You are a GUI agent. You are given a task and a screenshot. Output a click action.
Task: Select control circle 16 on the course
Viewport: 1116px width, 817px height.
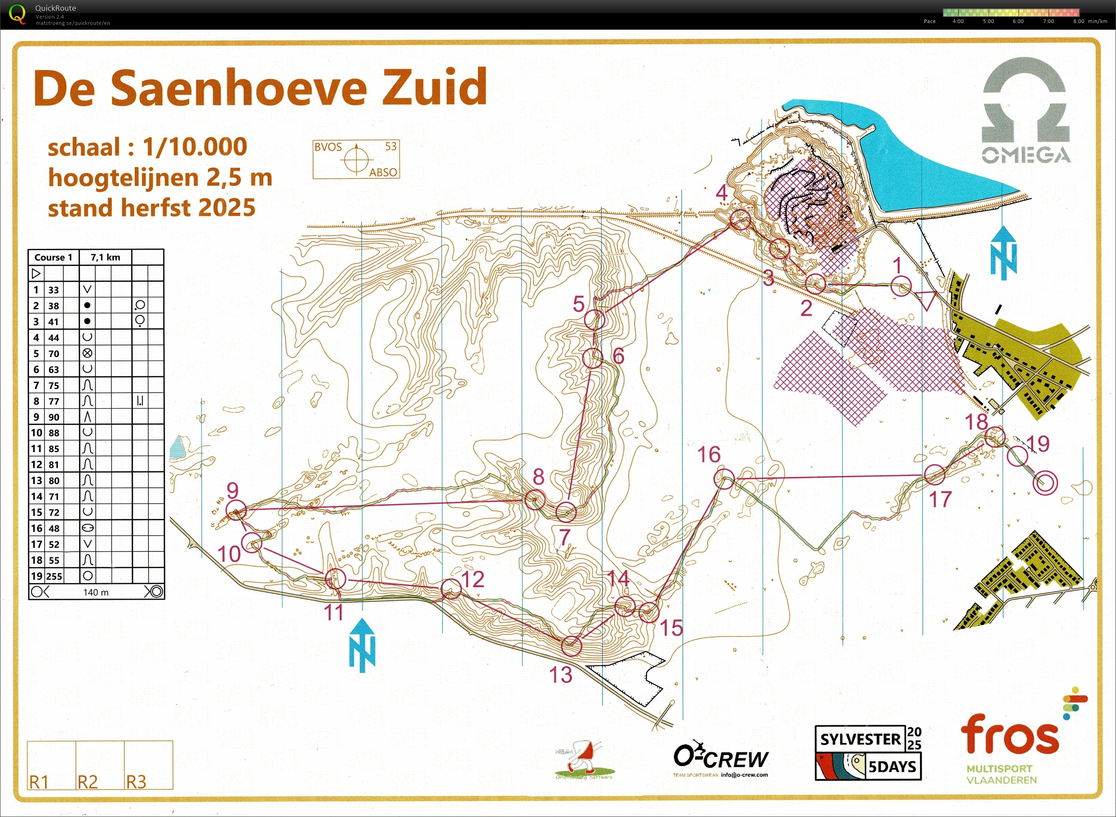point(724,479)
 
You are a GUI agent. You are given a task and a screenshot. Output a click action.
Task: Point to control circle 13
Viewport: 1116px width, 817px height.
point(572,646)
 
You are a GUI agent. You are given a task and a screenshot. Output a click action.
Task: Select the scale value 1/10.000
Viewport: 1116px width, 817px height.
point(195,147)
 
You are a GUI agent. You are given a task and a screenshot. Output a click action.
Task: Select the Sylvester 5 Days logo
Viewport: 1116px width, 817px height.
point(868,753)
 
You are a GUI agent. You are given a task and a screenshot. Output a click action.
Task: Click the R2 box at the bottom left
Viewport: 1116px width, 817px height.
point(99,765)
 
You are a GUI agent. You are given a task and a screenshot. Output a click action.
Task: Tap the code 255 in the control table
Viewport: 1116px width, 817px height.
point(54,576)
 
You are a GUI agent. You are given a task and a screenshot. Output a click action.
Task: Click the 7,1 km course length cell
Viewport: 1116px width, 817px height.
point(105,257)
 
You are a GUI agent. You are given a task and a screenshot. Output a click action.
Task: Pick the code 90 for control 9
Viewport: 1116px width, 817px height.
point(53,417)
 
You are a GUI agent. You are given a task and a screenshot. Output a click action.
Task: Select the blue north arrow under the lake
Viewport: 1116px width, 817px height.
point(1003,252)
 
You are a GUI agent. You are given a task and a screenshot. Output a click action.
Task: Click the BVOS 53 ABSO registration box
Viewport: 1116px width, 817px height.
point(356,159)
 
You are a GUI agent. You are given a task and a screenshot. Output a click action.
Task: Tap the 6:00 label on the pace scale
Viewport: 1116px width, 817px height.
point(1018,21)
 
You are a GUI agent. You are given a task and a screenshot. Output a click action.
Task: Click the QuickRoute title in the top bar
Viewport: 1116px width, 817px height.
point(56,8)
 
